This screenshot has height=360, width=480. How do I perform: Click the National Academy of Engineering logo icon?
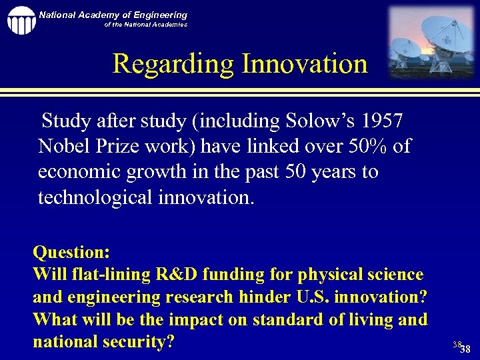tap(21, 20)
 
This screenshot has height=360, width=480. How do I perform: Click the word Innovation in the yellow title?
tap(305, 64)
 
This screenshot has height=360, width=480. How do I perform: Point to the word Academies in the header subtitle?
tap(169, 25)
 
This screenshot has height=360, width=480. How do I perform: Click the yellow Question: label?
tap(71, 253)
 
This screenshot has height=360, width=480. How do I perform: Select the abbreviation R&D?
tap(172, 275)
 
